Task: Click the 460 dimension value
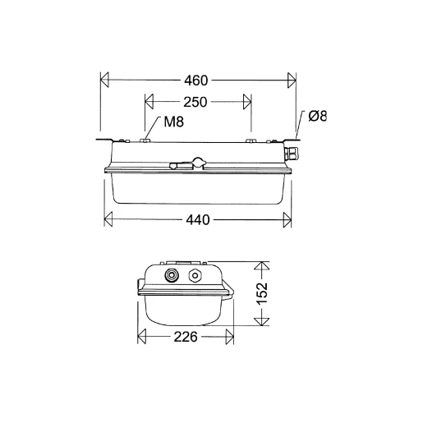(x=196, y=80)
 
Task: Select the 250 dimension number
(x=195, y=103)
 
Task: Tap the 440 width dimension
(x=197, y=220)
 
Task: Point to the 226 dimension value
(x=186, y=338)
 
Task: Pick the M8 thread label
(x=172, y=123)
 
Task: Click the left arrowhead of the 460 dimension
(x=104, y=80)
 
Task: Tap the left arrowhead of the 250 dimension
(x=149, y=103)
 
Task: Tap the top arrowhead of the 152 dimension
(x=262, y=266)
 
